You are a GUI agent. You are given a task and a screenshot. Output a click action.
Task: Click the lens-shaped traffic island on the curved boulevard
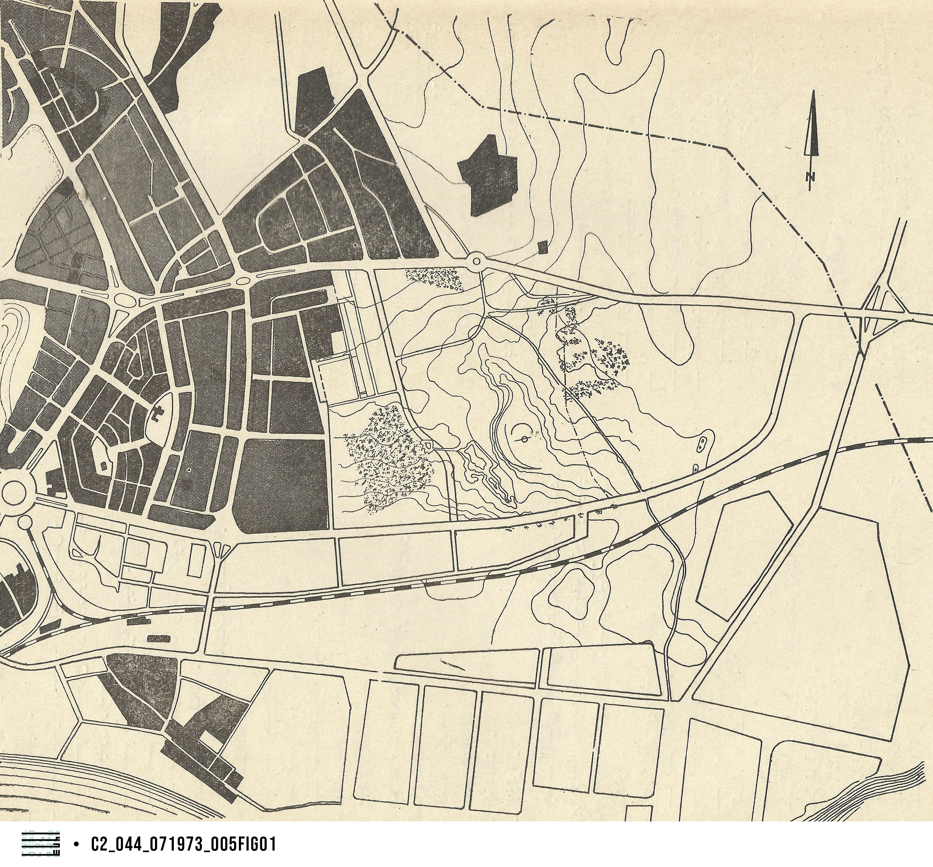[243, 281]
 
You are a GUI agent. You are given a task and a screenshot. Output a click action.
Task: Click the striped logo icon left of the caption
[41, 844]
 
